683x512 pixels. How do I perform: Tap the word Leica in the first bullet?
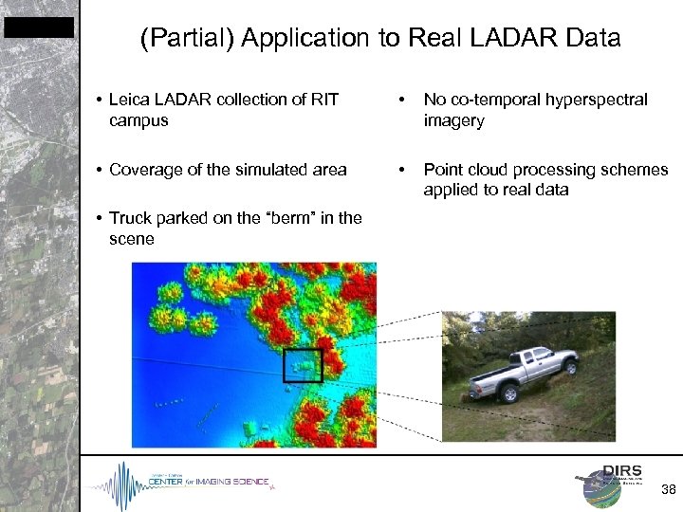tap(129, 100)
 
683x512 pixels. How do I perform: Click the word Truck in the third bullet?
tap(130, 218)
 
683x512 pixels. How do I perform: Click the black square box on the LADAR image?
tap(304, 365)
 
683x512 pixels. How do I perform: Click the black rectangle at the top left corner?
tap(38, 27)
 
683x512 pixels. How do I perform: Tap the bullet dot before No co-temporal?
tap(403, 100)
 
